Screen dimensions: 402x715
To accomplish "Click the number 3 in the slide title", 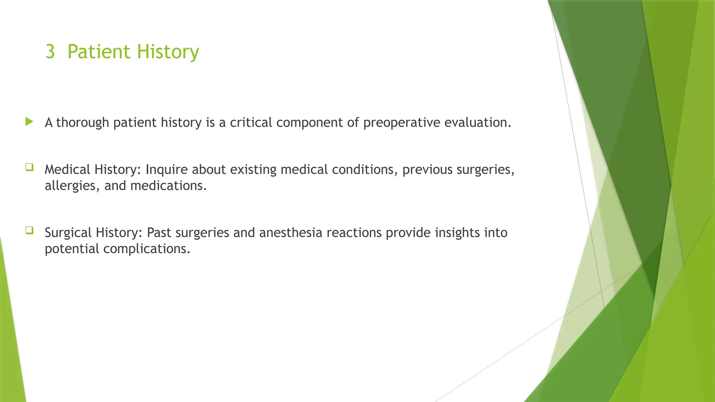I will [x=50, y=52].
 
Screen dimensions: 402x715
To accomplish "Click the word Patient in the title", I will [x=99, y=52].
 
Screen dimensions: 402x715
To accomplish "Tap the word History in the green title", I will [x=168, y=52].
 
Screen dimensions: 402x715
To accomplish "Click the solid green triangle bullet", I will [x=29, y=122].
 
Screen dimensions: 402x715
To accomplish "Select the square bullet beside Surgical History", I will [x=29, y=230].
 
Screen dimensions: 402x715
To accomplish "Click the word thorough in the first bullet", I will [x=82, y=123].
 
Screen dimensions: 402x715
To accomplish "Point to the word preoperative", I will [x=401, y=123].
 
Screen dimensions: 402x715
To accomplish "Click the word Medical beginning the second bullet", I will [x=67, y=170].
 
